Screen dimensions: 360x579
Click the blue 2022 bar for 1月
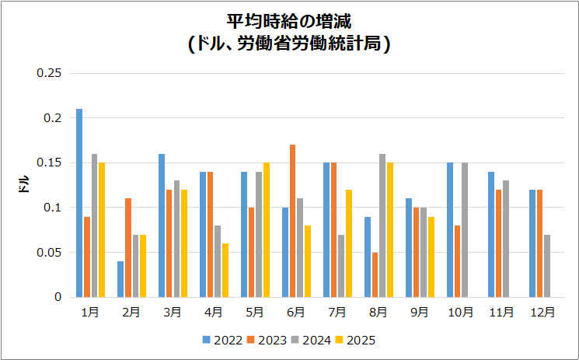[x=79, y=203]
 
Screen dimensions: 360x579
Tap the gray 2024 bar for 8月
[x=382, y=225]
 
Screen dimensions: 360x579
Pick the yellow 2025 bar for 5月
[x=267, y=230]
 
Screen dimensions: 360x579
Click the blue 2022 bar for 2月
[x=120, y=279]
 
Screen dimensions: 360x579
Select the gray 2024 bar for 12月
[x=547, y=266]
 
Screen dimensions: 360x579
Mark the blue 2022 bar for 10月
[x=450, y=230]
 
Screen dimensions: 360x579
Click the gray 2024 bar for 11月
[x=506, y=239]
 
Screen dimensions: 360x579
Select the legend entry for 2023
[x=267, y=340]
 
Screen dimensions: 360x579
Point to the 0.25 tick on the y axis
[x=49, y=73]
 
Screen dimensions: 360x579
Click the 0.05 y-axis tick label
[x=49, y=253]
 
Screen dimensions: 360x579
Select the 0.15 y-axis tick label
[x=49, y=163]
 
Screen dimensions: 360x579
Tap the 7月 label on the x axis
[x=337, y=312]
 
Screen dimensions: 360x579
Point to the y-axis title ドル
[x=23, y=185]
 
